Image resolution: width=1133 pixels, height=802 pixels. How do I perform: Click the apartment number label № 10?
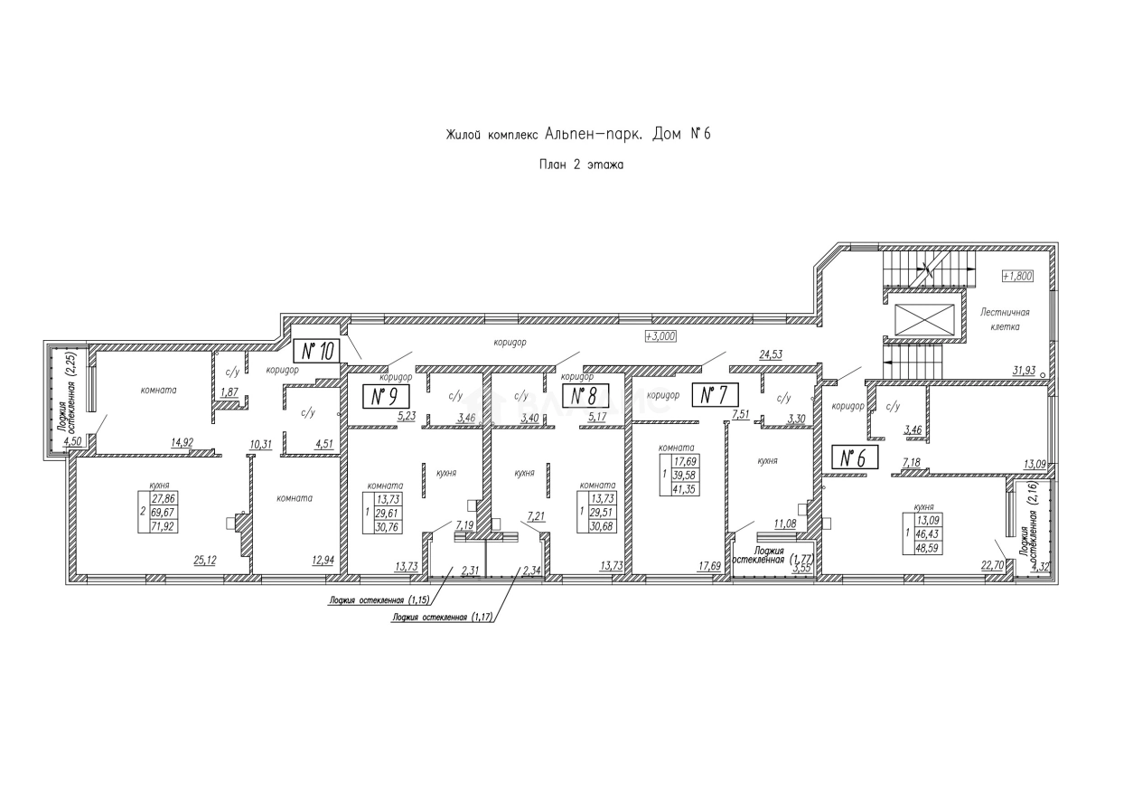pyautogui.click(x=315, y=351)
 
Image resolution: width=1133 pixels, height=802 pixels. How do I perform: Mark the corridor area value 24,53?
pyautogui.click(x=770, y=355)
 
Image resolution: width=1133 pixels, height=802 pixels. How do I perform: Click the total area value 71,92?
pyautogui.click(x=164, y=525)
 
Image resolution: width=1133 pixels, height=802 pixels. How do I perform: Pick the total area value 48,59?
pyautogui.click(x=930, y=547)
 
